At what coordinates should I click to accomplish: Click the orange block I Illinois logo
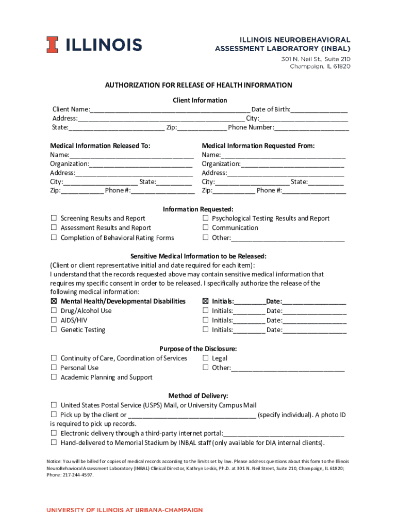point(52,45)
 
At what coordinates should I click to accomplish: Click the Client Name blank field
point(170,109)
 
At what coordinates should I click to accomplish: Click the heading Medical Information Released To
point(100,146)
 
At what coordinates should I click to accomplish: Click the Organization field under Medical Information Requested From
point(292,164)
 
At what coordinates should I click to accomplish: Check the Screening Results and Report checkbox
point(54,219)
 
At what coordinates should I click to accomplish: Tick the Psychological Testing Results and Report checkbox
point(205,219)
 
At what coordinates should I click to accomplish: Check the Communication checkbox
point(205,228)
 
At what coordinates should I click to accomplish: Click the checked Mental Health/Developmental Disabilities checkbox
point(54,301)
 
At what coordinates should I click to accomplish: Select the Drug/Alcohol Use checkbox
point(54,311)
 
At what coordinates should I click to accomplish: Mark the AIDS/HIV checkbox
point(54,320)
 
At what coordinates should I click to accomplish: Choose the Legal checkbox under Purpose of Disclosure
point(205,358)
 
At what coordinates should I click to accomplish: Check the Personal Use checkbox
point(54,368)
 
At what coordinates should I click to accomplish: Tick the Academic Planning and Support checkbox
point(54,377)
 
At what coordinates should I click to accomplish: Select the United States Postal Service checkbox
point(54,405)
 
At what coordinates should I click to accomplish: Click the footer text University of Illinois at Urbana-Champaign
point(125,510)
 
